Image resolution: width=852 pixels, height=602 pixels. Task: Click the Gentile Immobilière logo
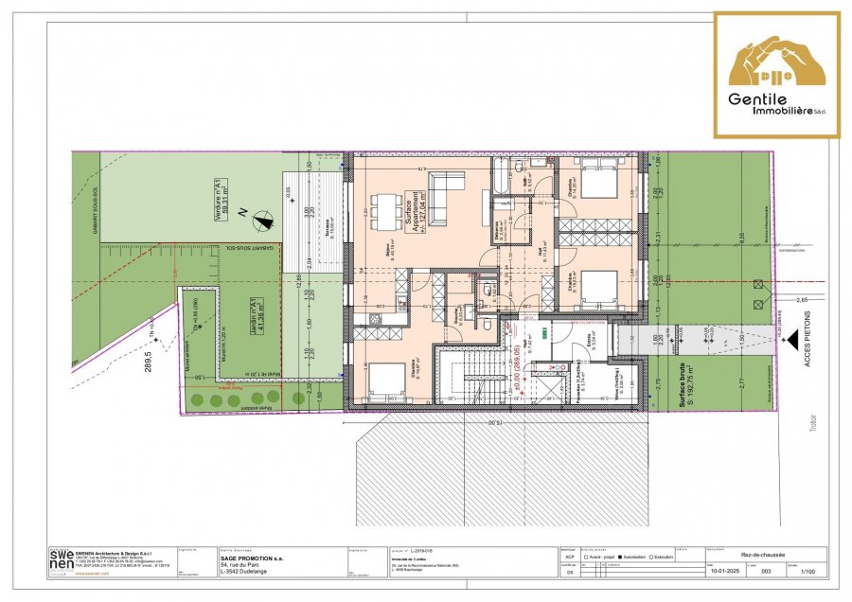776,75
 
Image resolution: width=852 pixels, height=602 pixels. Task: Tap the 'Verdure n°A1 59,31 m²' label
222,202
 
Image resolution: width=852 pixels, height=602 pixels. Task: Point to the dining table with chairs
383,211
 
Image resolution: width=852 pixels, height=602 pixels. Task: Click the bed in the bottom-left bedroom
382,382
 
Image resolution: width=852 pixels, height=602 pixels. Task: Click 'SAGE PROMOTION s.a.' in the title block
254,558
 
